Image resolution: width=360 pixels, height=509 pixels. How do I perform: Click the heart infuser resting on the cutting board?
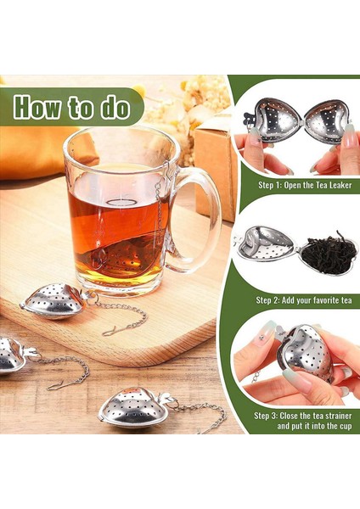52,300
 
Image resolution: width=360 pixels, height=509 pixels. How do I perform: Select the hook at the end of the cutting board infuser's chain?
109,330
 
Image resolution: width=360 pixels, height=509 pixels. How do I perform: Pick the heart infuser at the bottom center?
132,406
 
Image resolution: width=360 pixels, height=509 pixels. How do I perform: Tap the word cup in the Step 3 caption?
346,426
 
